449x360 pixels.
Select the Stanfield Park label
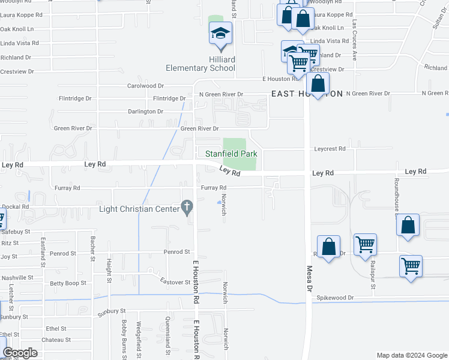(231, 154)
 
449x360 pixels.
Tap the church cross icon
(187, 208)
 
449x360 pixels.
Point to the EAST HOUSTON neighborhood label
(307, 94)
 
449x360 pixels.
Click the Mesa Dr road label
(310, 278)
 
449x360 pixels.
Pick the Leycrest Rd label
(330, 149)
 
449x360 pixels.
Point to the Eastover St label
(175, 281)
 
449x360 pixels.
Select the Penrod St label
(176, 252)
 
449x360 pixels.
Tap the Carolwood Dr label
(145, 86)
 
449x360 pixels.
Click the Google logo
(20, 353)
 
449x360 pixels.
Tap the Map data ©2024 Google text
(411, 355)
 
